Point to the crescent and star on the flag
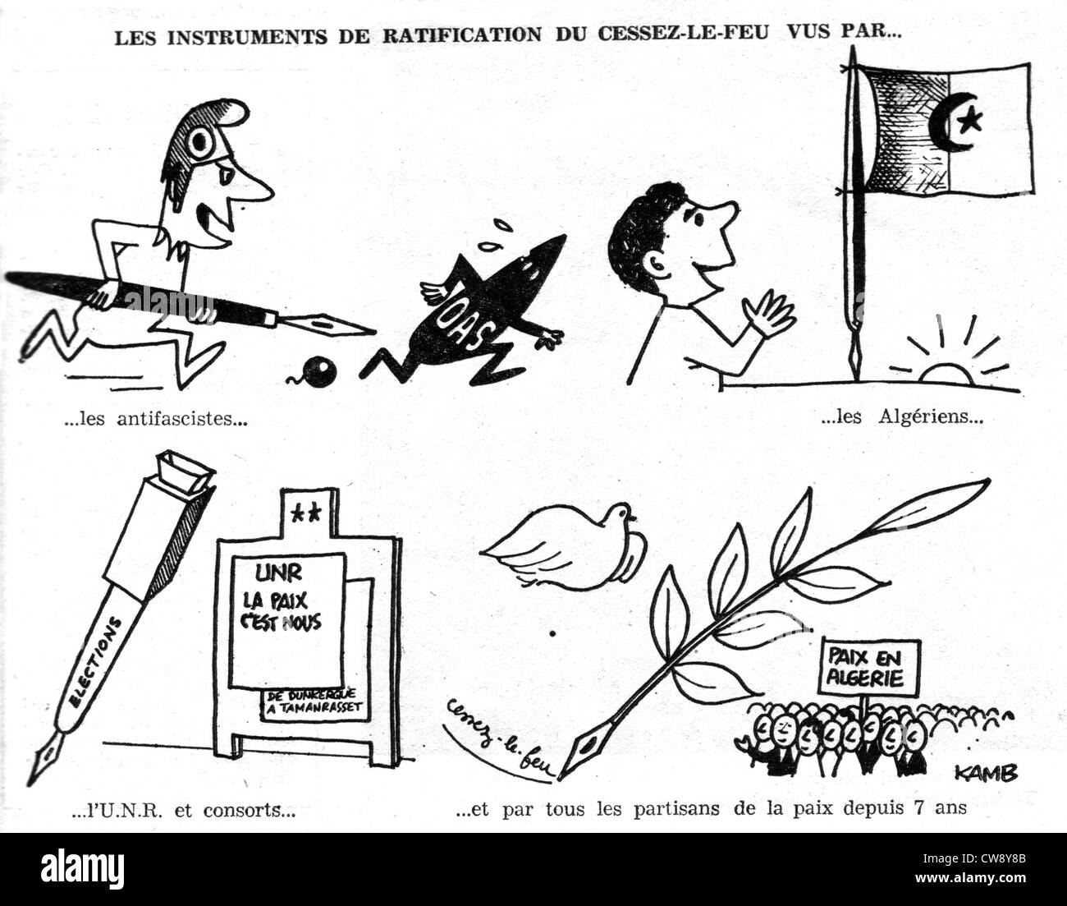click(963, 123)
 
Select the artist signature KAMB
click(987, 773)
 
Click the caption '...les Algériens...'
click(901, 417)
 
